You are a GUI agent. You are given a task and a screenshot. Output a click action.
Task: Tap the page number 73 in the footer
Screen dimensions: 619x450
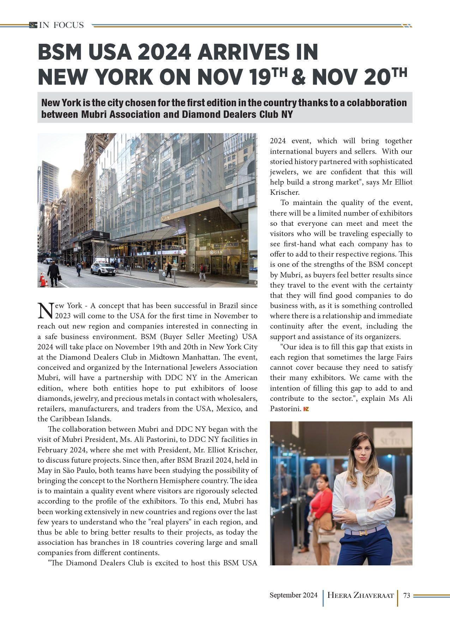tap(406, 595)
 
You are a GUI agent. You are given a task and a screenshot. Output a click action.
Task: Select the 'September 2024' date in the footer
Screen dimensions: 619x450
tap(293, 595)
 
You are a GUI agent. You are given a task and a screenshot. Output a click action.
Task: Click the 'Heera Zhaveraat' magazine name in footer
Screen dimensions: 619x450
tap(360, 595)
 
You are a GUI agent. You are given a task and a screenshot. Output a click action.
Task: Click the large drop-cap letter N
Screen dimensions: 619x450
tap(45, 310)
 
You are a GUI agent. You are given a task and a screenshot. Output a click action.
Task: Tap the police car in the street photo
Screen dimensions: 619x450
tap(103, 269)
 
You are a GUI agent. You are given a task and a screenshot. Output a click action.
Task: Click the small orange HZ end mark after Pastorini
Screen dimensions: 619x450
tap(306, 409)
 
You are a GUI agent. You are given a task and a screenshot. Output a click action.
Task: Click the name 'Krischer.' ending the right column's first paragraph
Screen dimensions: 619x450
tap(285, 192)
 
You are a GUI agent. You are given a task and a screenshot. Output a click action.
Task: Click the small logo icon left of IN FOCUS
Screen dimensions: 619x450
tap(33, 25)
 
